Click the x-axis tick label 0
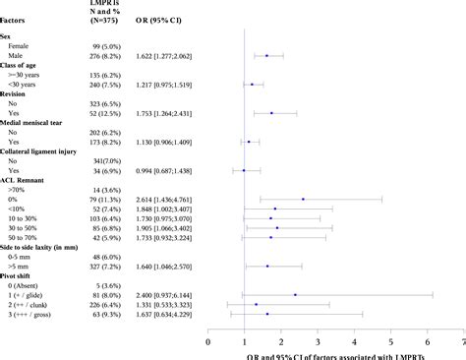coord(208,342)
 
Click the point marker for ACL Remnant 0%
coord(303,199)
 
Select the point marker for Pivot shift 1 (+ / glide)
coord(295,293)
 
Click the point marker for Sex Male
coord(266,57)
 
